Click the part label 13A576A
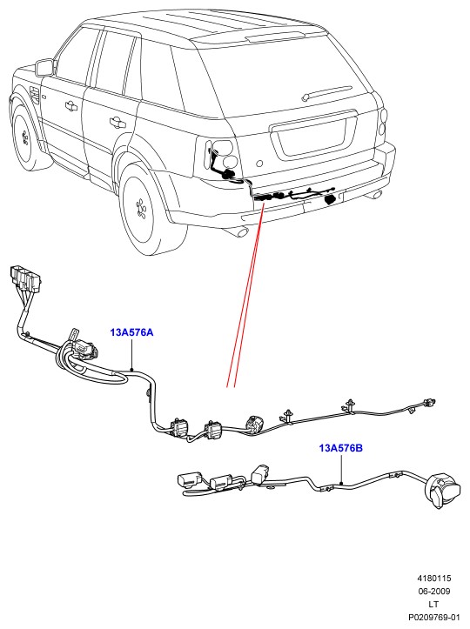click(x=131, y=332)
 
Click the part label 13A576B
click(x=341, y=448)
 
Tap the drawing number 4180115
click(x=434, y=579)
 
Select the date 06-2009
click(x=434, y=592)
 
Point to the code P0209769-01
click(x=434, y=617)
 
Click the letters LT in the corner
click(x=433, y=604)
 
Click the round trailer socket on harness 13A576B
click(x=443, y=491)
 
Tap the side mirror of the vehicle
click(x=45, y=67)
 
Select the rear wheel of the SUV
click(x=145, y=210)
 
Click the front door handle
click(x=70, y=105)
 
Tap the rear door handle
click(x=117, y=121)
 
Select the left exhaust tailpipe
click(x=242, y=231)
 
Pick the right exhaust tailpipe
click(x=376, y=195)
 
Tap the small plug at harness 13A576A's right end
click(x=429, y=402)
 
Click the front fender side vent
click(x=34, y=94)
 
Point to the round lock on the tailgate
click(x=259, y=164)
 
